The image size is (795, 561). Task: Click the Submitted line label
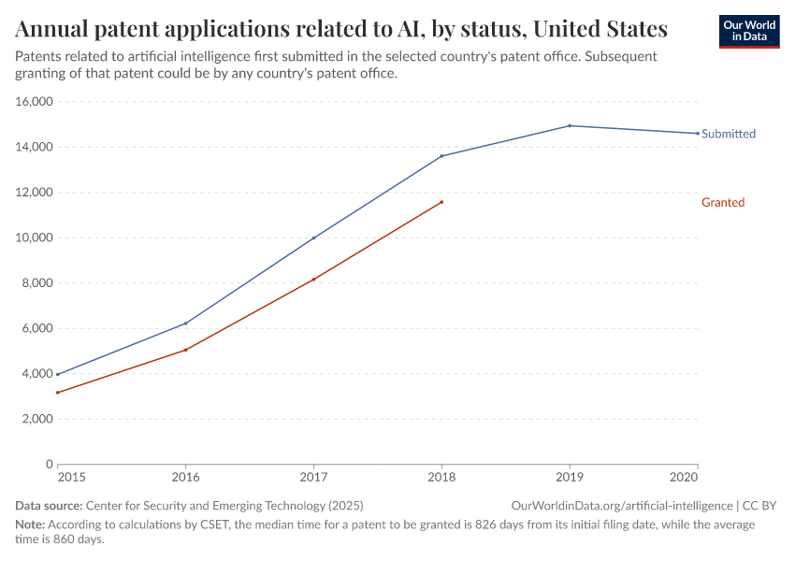click(x=728, y=134)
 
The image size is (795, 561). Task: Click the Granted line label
click(x=722, y=202)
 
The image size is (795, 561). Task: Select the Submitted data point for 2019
click(x=570, y=125)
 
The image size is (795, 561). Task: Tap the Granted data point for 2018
click(x=441, y=202)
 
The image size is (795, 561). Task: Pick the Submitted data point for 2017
click(x=313, y=237)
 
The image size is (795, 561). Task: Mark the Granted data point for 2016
click(x=185, y=350)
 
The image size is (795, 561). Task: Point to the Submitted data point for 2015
click(x=58, y=374)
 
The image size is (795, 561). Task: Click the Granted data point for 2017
click(x=313, y=279)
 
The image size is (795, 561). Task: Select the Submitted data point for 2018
click(x=441, y=156)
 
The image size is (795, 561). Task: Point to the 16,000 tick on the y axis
click(x=34, y=102)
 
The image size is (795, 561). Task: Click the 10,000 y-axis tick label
click(x=34, y=237)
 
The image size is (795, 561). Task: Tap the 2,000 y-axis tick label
click(x=36, y=419)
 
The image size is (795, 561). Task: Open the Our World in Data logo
click(x=748, y=31)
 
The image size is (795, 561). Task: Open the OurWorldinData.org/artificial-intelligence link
click(x=621, y=505)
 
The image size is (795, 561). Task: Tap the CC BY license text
click(x=759, y=505)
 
